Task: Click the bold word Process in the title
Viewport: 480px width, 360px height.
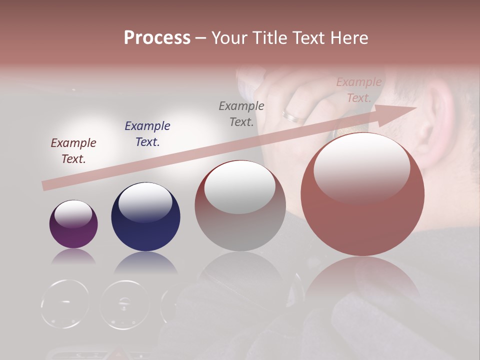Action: click(157, 38)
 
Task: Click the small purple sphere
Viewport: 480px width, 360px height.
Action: click(73, 224)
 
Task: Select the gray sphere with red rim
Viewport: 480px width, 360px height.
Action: click(240, 205)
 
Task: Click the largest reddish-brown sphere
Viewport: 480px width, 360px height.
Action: click(362, 194)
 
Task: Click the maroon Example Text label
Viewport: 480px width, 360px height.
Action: click(73, 151)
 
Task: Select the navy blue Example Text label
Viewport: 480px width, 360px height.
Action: click(147, 134)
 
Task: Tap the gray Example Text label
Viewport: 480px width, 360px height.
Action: click(241, 114)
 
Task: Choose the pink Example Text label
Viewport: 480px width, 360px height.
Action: click(359, 90)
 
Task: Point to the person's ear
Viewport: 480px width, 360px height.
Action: click(435, 120)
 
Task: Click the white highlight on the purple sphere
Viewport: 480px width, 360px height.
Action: click(73, 214)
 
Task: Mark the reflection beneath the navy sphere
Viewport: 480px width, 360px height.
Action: click(145, 263)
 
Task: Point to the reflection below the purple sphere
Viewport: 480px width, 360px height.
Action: click(73, 257)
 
